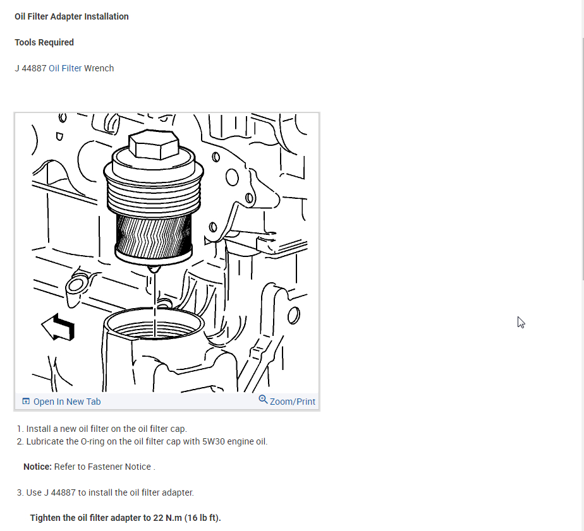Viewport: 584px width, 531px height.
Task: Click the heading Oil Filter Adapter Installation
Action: [x=71, y=16]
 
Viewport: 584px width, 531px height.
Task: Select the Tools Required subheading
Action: [x=44, y=42]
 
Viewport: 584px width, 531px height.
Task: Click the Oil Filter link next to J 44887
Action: [x=65, y=68]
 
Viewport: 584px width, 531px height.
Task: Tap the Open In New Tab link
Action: [x=66, y=402]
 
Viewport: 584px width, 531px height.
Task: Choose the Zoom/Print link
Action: [x=292, y=402]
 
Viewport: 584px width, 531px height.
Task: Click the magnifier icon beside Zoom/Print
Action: [x=263, y=400]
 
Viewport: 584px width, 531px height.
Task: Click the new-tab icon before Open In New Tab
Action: [x=26, y=402]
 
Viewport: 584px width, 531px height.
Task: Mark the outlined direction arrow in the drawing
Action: [x=58, y=327]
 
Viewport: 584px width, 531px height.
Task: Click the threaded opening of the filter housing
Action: [x=155, y=325]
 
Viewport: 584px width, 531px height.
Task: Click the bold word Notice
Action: [x=37, y=467]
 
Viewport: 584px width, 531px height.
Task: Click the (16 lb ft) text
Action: [x=202, y=518]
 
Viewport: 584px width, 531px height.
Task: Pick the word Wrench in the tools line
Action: [x=99, y=68]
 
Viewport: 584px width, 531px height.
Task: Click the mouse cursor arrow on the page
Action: [x=520, y=321]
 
